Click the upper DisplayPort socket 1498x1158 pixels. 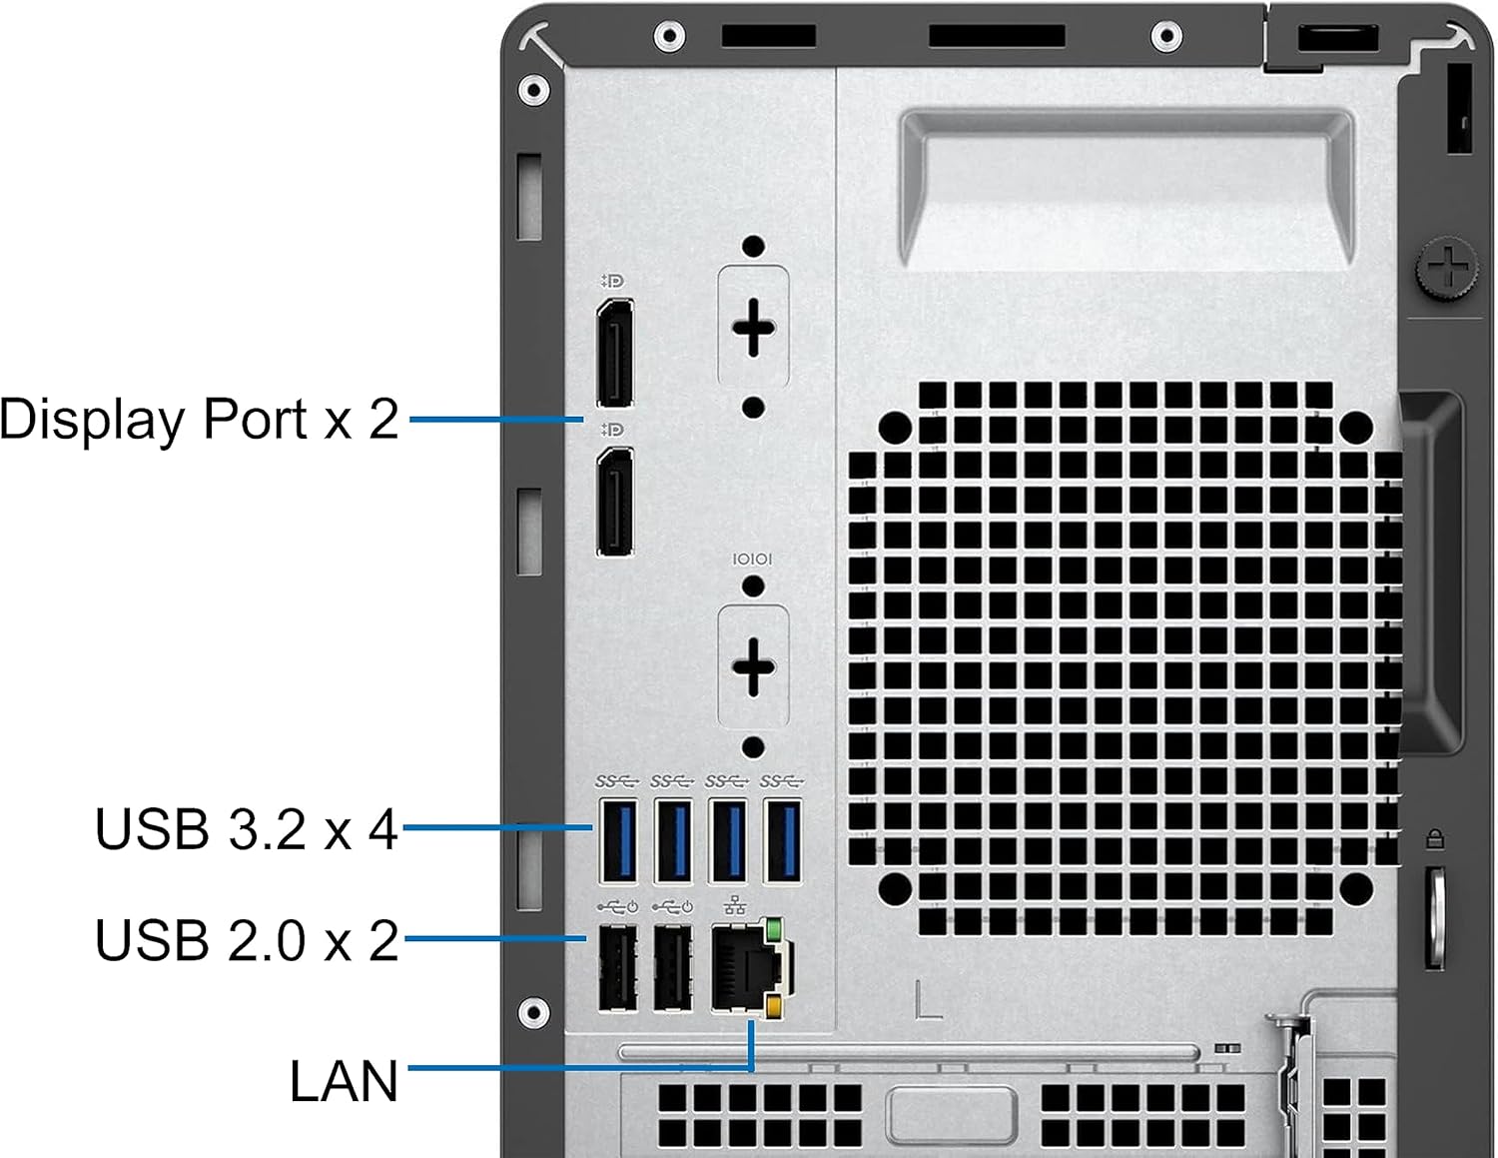(615, 352)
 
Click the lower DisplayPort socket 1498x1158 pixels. (615, 501)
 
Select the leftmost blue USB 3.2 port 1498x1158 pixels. (618, 840)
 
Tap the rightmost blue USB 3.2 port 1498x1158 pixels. (783, 840)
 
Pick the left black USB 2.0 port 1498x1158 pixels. (618, 967)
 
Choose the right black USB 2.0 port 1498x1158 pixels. (673, 967)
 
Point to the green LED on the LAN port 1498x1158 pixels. (772, 931)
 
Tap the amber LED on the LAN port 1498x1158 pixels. (773, 1005)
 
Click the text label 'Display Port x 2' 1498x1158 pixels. (200, 419)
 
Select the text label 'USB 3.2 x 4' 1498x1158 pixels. (247, 829)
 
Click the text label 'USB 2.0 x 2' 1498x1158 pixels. (247, 940)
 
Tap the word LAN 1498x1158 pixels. (344, 1081)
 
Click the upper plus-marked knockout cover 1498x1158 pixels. (754, 327)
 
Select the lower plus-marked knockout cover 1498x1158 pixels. (754, 666)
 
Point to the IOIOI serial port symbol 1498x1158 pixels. (753, 560)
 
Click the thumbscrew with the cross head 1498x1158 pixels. (1446, 267)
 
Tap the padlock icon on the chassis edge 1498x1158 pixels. (1435, 838)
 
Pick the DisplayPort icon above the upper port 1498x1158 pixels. (612, 282)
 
